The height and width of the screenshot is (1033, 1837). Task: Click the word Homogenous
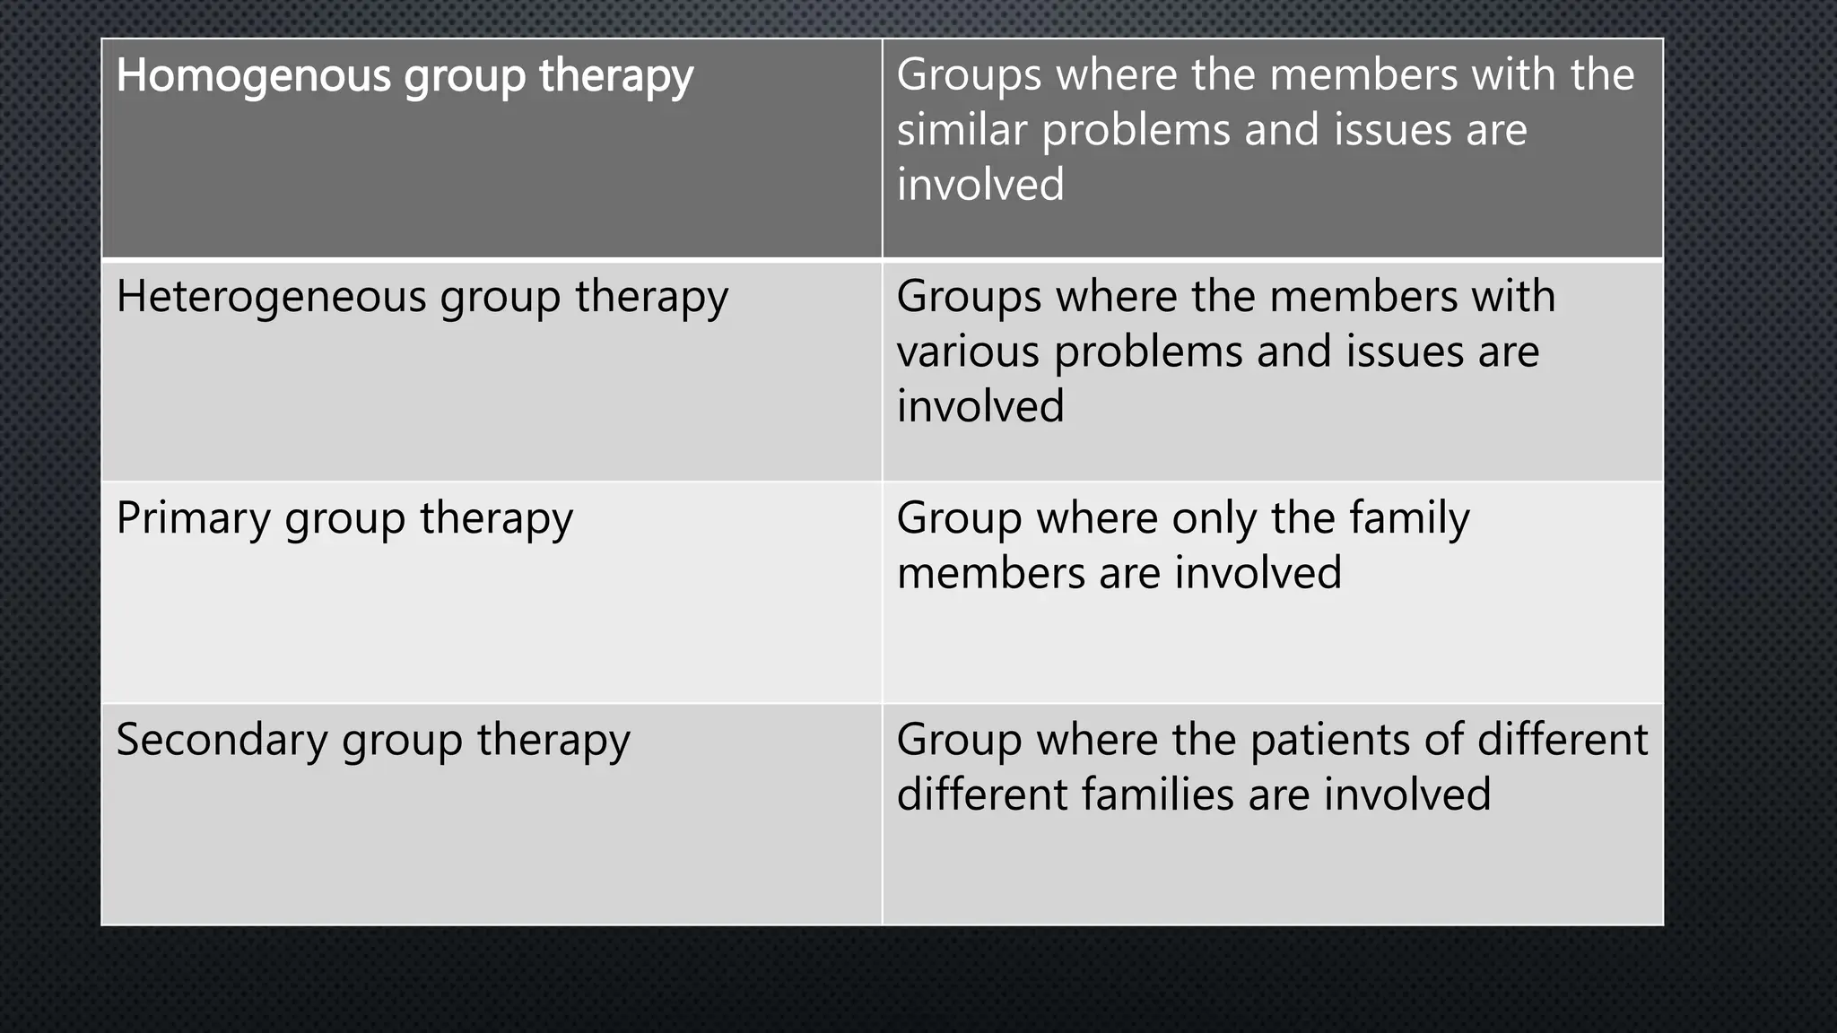pos(253,75)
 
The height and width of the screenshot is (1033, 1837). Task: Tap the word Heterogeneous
pos(271,297)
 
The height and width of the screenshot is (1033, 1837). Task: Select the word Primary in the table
pos(193,519)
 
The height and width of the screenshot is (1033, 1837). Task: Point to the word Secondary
pos(222,741)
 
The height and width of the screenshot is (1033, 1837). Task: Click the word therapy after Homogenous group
pos(616,75)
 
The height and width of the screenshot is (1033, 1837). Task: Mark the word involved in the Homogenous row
pos(980,185)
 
